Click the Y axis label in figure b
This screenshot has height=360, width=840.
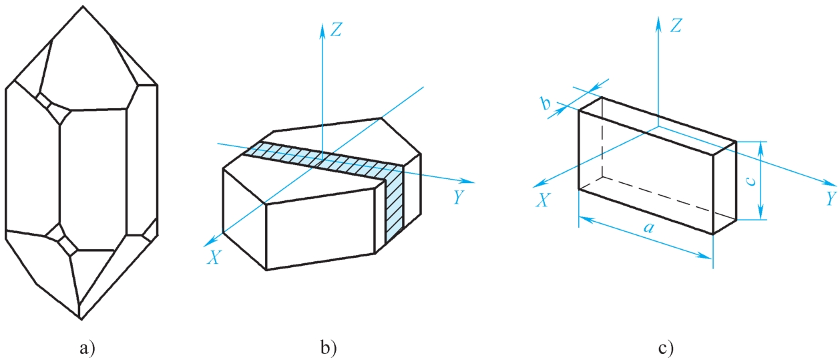458,197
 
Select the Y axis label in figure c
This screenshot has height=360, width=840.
831,199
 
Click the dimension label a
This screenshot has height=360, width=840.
646,228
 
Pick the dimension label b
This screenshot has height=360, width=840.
546,104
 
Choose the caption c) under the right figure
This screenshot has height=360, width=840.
665,347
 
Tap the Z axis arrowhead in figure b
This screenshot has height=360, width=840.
322,25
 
